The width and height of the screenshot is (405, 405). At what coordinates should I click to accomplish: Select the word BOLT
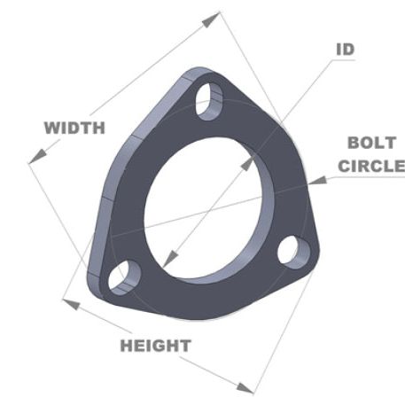click(364, 143)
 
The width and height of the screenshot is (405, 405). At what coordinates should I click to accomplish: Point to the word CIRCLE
click(371, 165)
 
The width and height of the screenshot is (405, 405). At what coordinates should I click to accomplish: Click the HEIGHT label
click(155, 345)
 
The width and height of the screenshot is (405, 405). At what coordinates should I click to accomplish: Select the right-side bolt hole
click(292, 250)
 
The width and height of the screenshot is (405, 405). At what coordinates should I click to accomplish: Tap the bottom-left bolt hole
click(123, 277)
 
